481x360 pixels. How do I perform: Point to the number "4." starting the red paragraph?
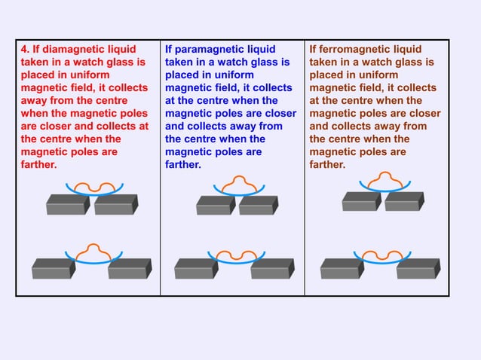[x=25, y=50]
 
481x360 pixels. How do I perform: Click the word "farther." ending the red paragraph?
[x=38, y=164]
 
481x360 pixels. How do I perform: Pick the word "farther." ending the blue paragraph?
[x=182, y=164]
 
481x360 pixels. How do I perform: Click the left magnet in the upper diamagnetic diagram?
[x=68, y=205]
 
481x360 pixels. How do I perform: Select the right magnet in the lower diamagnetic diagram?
[x=129, y=268]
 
